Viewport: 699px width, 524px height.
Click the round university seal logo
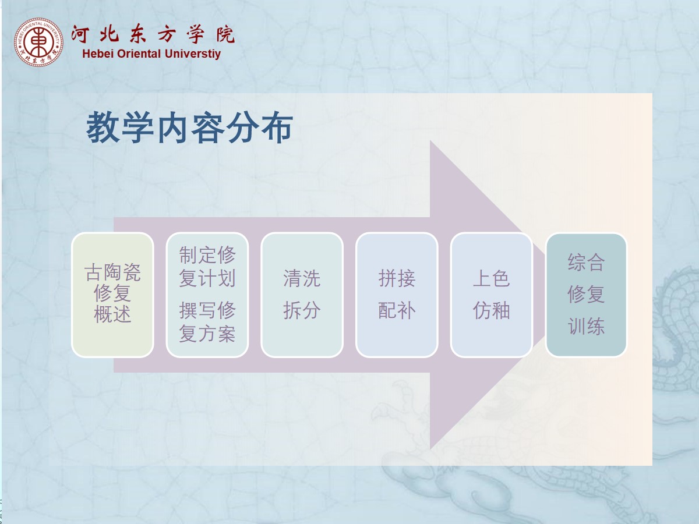click(x=38, y=43)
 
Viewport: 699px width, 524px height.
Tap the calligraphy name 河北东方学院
click(x=153, y=33)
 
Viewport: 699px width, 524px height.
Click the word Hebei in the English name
click(x=98, y=54)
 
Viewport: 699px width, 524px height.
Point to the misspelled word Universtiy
click(x=193, y=54)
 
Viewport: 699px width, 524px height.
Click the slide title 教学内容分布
click(x=189, y=128)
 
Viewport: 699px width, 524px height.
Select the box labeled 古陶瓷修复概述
click(x=112, y=295)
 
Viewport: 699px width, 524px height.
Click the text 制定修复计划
click(x=207, y=267)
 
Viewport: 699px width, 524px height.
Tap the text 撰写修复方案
click(x=207, y=322)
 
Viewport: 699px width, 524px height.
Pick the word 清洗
click(x=302, y=278)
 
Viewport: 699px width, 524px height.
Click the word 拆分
click(x=302, y=310)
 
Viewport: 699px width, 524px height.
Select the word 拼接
click(x=397, y=278)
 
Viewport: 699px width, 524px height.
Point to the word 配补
click(x=397, y=310)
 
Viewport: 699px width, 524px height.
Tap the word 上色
click(x=492, y=278)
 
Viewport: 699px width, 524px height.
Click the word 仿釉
click(x=492, y=310)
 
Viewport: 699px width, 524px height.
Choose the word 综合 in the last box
click(x=586, y=262)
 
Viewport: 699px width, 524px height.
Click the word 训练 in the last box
click(x=586, y=326)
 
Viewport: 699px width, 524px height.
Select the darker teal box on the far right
click(x=586, y=295)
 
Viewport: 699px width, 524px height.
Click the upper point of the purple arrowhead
click(x=430, y=140)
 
